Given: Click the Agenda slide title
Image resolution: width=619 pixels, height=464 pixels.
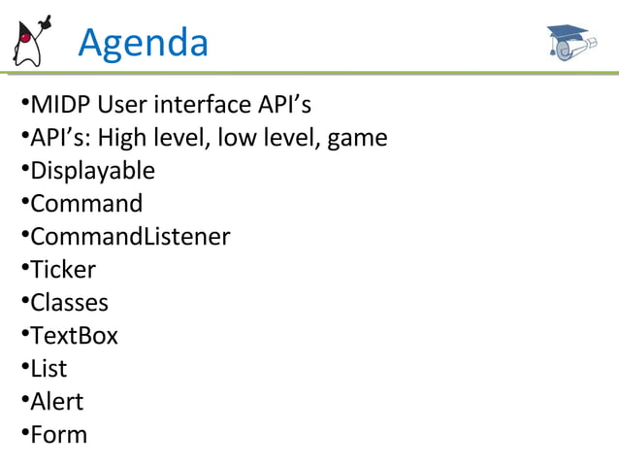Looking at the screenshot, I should pos(143,43).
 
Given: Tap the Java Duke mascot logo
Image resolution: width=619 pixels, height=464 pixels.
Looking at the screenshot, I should pos(30,42).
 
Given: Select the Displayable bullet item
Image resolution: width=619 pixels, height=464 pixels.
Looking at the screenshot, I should pos(92,172).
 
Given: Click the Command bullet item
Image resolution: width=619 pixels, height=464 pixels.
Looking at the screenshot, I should pos(86,204).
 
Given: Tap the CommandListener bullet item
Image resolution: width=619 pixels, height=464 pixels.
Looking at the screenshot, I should pos(130,237).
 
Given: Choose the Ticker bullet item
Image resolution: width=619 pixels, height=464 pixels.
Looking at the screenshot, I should pos(63,270).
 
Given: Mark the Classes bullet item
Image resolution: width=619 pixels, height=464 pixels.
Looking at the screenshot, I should pos(69,303).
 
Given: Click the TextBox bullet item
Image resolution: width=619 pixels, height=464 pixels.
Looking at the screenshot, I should pos(74,336).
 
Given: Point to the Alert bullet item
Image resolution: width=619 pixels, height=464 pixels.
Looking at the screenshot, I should pos(56,402).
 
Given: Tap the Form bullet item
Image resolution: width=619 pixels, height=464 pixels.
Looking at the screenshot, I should pos(58,435).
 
